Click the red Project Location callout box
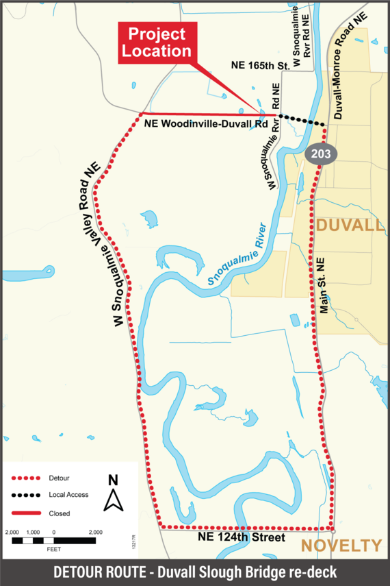(x=157, y=42)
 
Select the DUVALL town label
(x=350, y=225)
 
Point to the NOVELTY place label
(x=341, y=546)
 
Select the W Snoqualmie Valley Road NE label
(x=107, y=243)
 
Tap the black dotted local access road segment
(x=302, y=119)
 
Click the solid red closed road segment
(x=205, y=114)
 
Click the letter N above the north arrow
(x=113, y=480)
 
